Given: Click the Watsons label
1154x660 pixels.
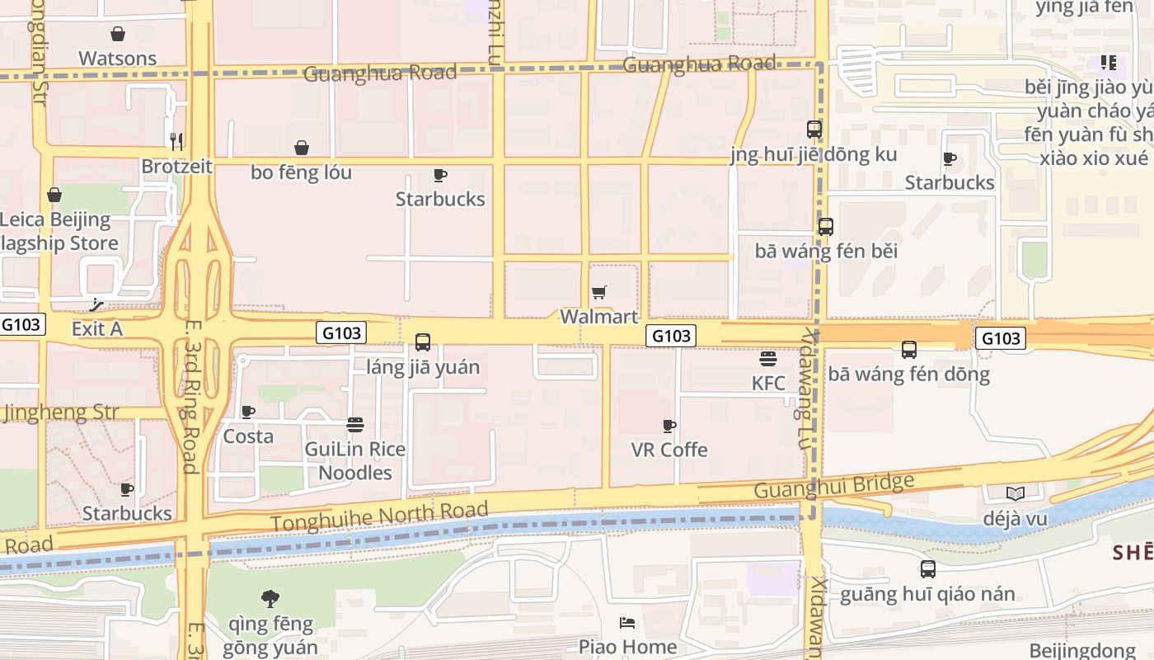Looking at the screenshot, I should coord(117,59).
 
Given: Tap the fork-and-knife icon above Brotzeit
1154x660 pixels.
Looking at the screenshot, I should coord(176,141).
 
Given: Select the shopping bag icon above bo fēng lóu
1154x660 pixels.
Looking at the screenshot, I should coord(302,148).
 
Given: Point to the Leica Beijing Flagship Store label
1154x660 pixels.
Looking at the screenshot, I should coord(58,231).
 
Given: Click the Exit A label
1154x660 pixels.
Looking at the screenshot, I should coord(96,328).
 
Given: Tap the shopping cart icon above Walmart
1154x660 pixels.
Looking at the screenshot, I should coord(599,292).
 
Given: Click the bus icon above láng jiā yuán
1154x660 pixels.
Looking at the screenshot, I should coord(423,342).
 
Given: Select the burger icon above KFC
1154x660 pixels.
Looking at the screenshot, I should coord(768,358).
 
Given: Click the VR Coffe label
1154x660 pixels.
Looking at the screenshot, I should coord(669,450).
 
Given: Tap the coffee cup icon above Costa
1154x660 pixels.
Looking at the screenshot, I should coord(248,412).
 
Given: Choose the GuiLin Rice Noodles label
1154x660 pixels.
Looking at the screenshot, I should coord(355,460).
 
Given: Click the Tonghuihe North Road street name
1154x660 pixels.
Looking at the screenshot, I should coord(379,516).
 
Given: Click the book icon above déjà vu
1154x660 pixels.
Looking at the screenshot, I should coord(1016,493).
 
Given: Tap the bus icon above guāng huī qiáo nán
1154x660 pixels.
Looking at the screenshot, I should coord(928,568).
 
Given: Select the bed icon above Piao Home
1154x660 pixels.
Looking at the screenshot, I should coord(627,622).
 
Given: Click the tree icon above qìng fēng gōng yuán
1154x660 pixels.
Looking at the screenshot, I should coord(270,598).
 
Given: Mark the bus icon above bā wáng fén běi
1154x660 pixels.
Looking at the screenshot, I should coord(826,226).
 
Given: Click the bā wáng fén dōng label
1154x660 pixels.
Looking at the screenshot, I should coord(908,375).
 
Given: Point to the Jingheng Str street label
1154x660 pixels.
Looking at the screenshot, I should coord(61,412).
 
